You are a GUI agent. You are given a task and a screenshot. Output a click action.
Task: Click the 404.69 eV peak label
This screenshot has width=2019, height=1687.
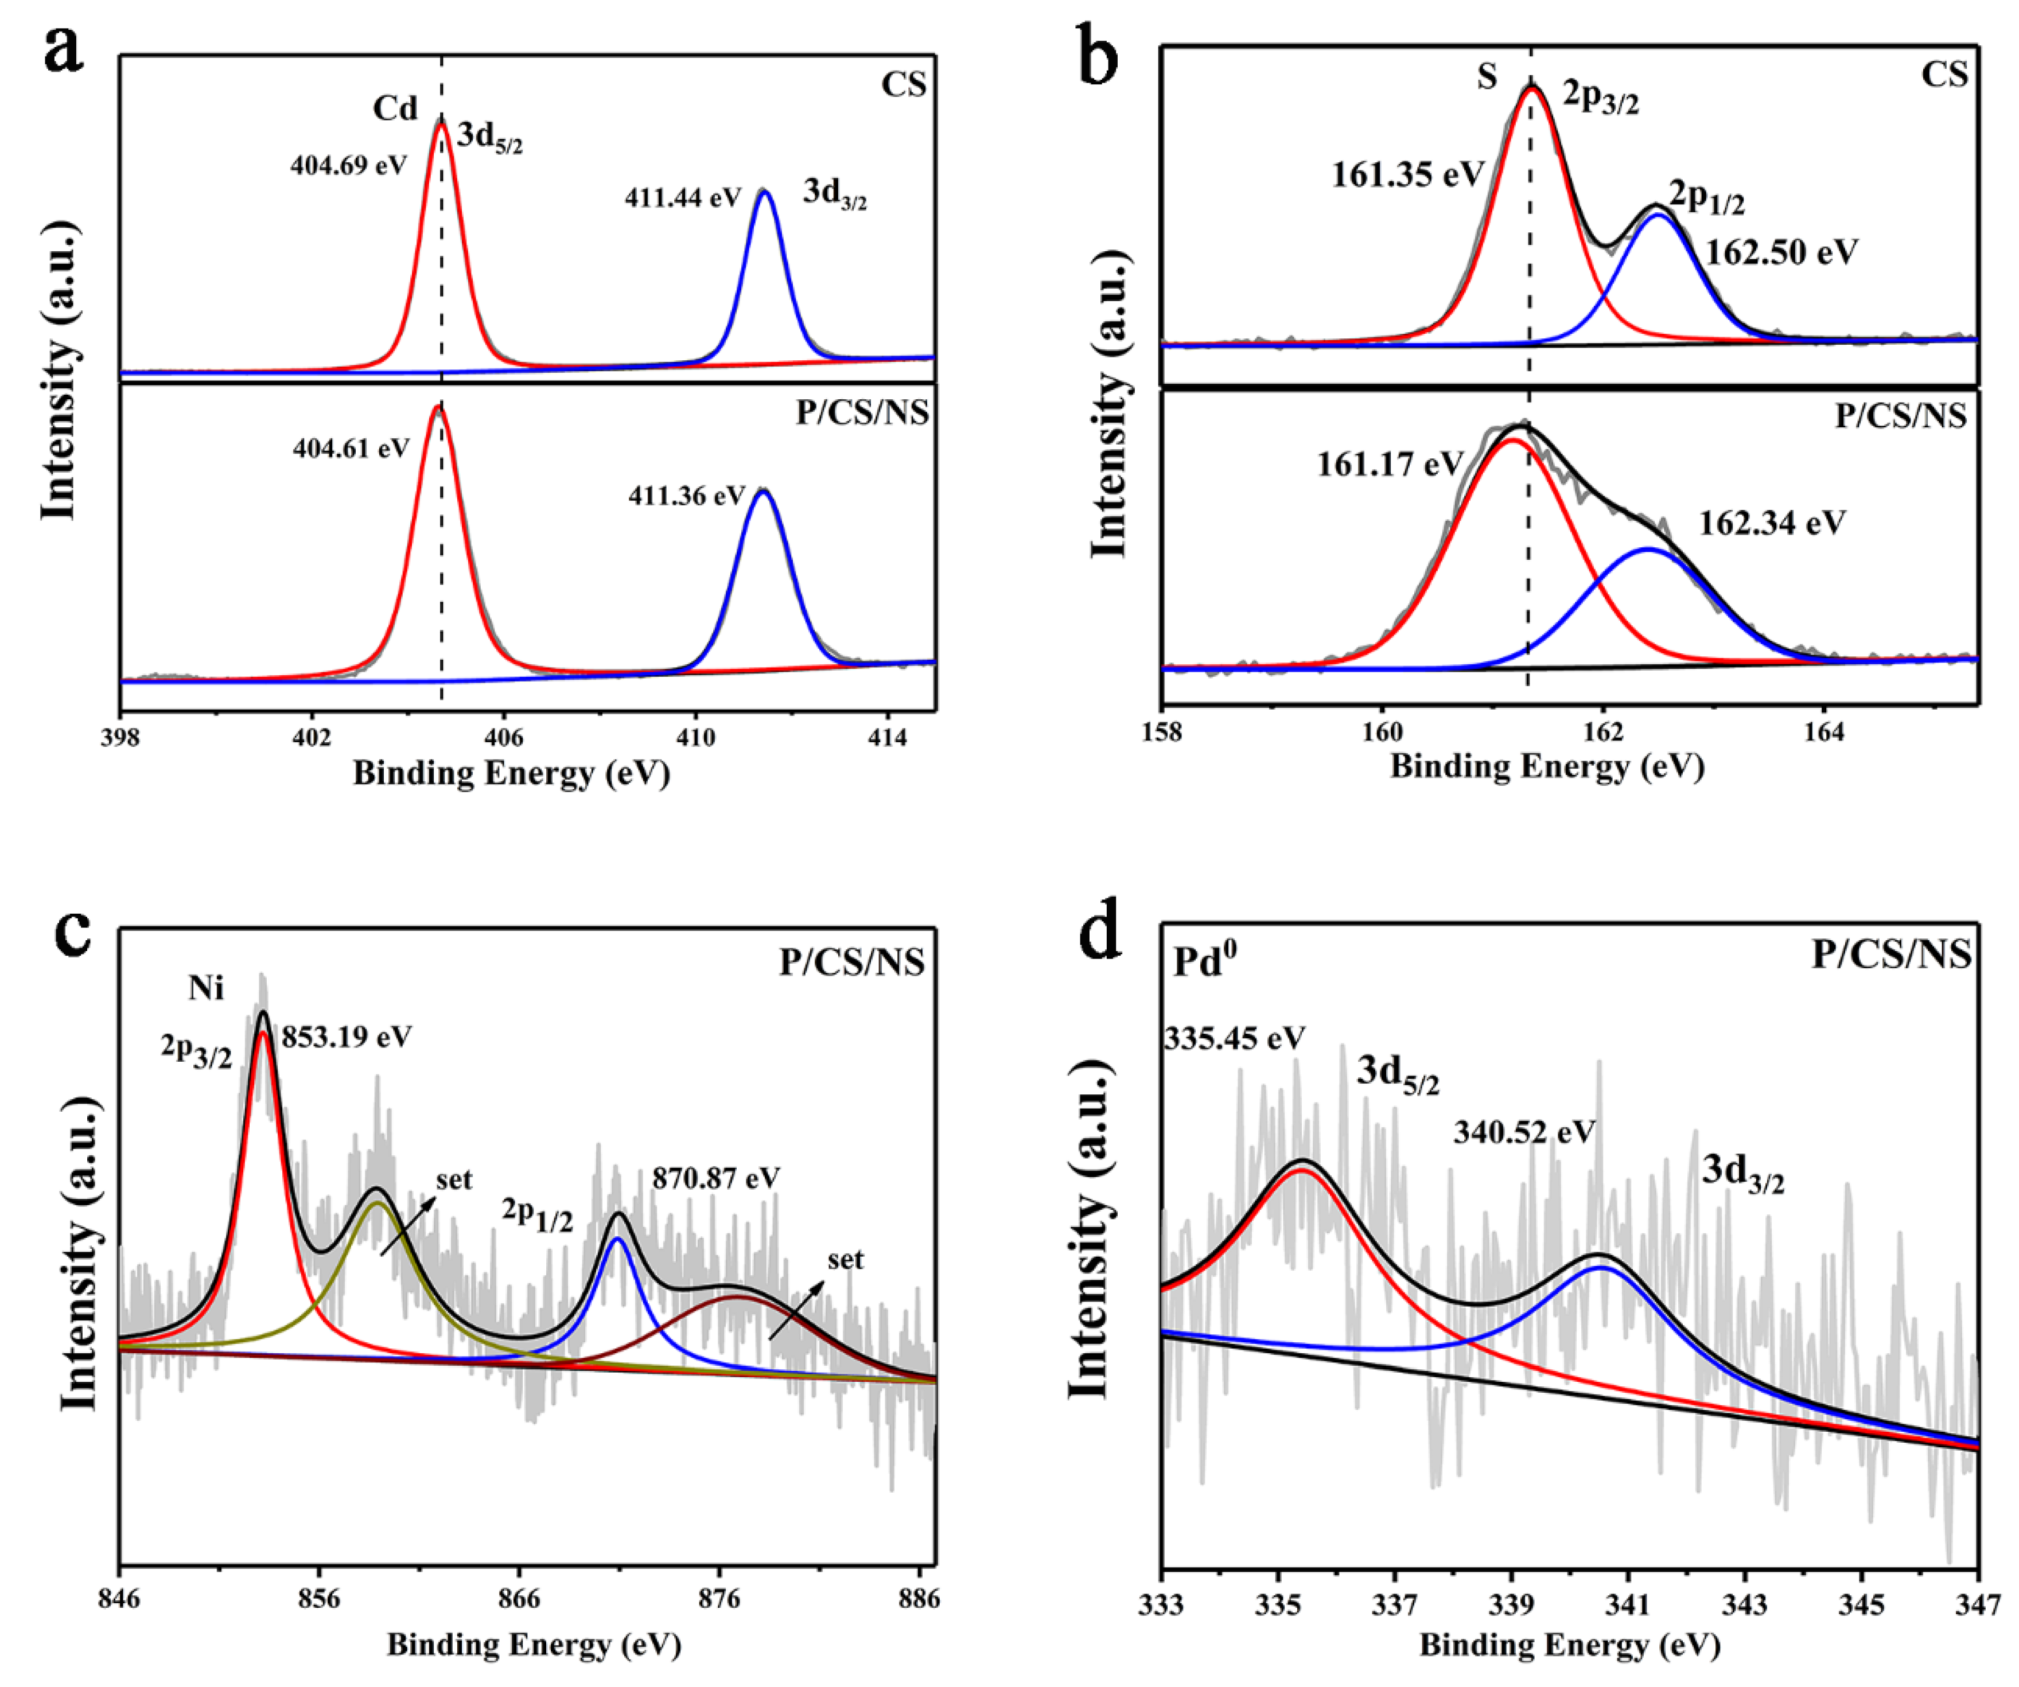pyautogui.click(x=348, y=165)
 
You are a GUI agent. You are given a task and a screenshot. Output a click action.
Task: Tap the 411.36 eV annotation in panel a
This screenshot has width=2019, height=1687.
pyautogui.click(x=686, y=496)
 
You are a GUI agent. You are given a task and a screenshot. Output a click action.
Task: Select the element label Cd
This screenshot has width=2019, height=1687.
pyautogui.click(x=395, y=108)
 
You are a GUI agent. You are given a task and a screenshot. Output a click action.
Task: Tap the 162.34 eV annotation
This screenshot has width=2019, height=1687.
pyautogui.click(x=1771, y=523)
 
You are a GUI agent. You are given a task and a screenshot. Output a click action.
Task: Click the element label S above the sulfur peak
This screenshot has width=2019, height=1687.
pyautogui.click(x=1487, y=77)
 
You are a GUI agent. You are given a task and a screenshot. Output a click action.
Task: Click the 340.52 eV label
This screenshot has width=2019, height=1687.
pyautogui.click(x=1524, y=1132)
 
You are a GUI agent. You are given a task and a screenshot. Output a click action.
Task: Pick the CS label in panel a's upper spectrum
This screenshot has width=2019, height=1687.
pyautogui.click(x=904, y=84)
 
